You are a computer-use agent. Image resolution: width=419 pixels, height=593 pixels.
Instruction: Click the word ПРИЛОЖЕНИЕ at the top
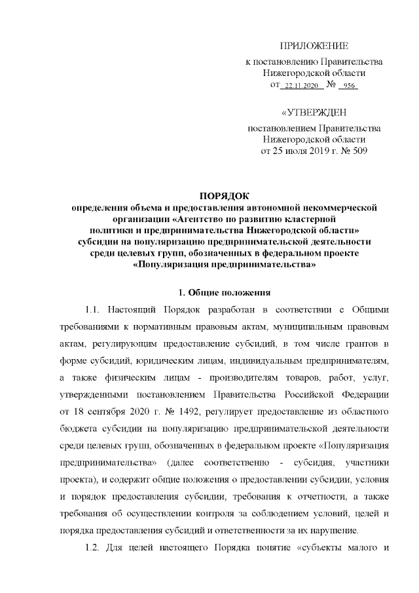[314, 46]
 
